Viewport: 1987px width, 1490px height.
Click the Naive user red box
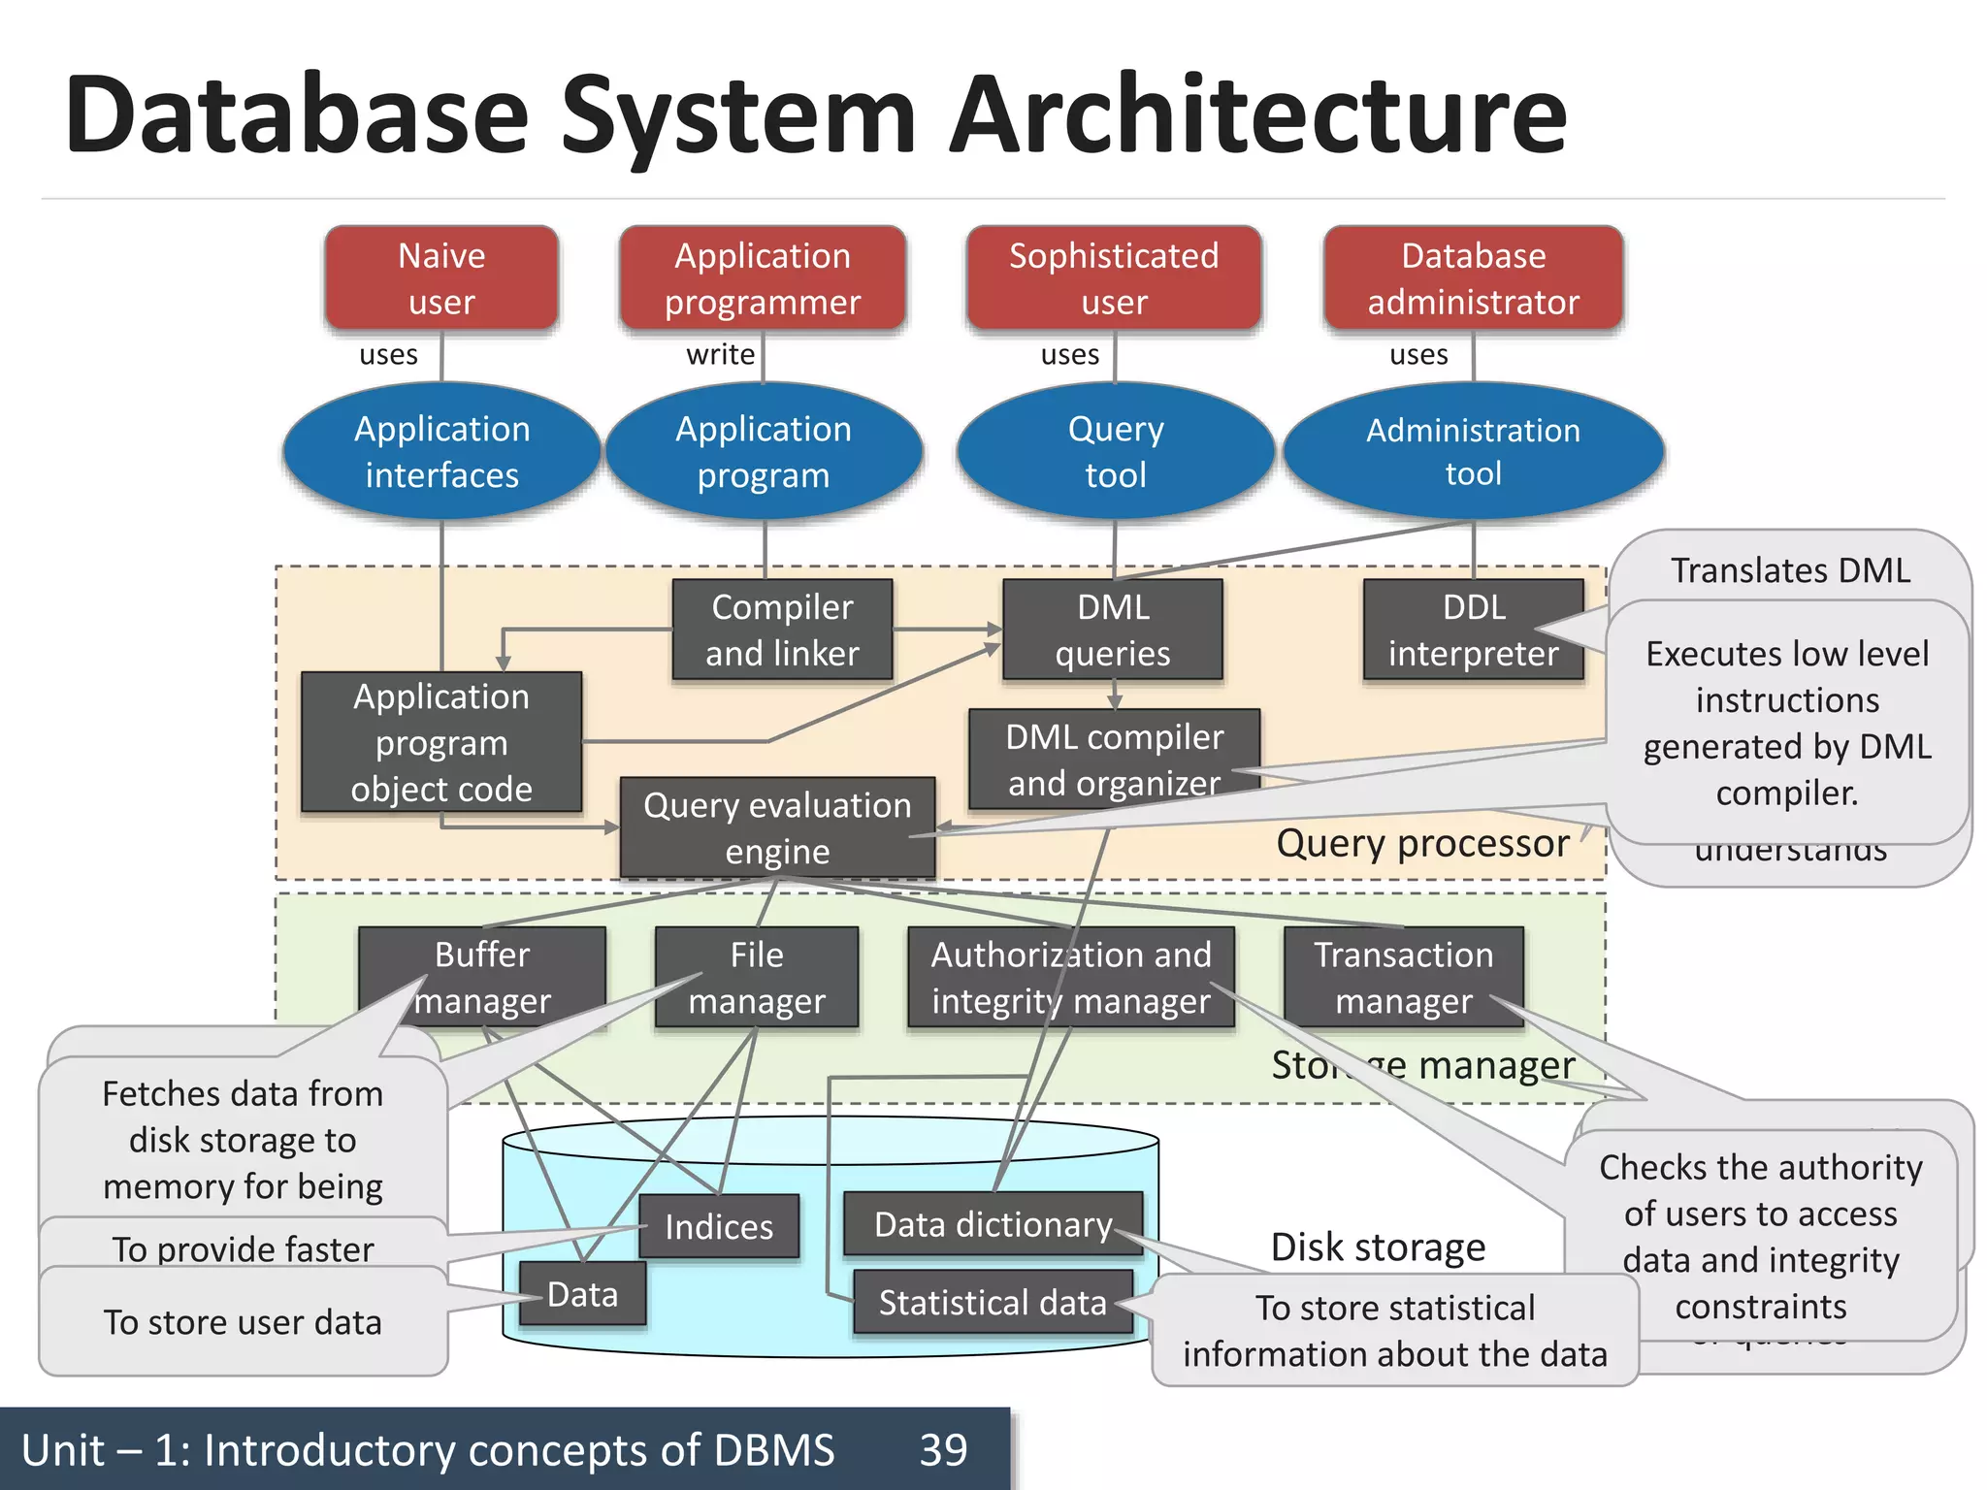[x=441, y=278]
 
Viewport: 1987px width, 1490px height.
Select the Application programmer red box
[x=763, y=278]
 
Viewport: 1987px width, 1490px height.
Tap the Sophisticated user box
[x=1114, y=278]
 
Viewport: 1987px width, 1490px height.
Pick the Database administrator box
[x=1473, y=278]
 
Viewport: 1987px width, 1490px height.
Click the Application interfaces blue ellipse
[x=441, y=452]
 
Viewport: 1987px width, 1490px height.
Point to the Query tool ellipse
[x=1115, y=452]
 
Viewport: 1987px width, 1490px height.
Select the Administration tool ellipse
[x=1473, y=452]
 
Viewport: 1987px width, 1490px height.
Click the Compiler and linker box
[x=782, y=630]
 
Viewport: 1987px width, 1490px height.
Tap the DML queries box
[x=1113, y=630]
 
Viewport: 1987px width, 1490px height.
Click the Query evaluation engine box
[x=777, y=827]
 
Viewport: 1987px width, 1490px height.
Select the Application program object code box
[x=441, y=742]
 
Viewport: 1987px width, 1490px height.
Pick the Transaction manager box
[x=1403, y=977]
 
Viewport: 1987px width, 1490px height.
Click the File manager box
[x=757, y=977]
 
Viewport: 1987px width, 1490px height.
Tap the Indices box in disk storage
[x=719, y=1227]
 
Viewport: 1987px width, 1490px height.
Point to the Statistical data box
[x=993, y=1302]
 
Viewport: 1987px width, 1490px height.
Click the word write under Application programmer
[x=720, y=354]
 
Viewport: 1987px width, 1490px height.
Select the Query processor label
[x=1422, y=843]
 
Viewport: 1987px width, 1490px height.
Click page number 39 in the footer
[x=943, y=1450]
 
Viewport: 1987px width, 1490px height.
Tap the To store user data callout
[x=243, y=1322]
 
